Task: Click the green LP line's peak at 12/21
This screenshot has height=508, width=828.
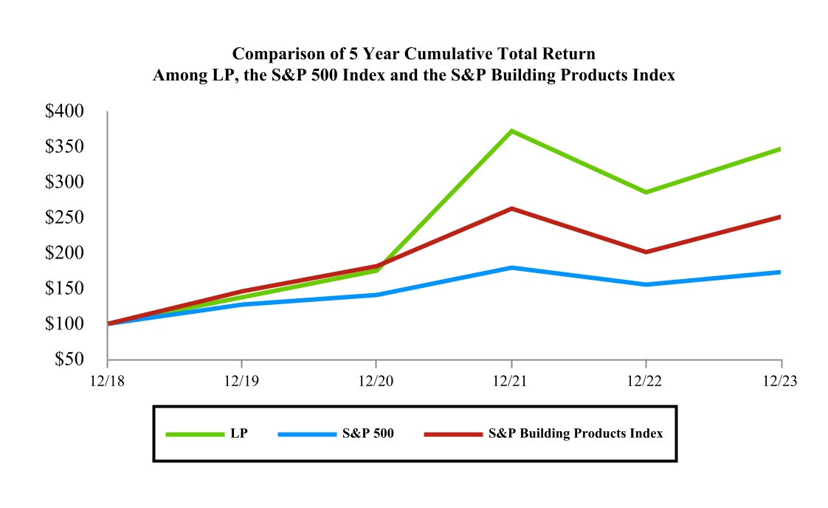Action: (x=511, y=131)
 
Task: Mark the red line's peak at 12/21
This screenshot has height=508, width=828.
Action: (x=511, y=209)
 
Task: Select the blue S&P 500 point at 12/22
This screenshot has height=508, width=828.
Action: (x=646, y=284)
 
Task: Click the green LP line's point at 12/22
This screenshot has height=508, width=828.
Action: (x=646, y=192)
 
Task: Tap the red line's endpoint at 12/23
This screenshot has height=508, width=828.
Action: (x=781, y=217)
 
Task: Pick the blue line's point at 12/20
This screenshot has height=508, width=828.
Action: (x=376, y=295)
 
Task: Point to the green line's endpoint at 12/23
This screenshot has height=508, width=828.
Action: (x=781, y=149)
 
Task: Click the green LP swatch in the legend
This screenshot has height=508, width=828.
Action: (x=195, y=434)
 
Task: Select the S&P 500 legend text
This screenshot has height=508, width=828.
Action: (x=368, y=433)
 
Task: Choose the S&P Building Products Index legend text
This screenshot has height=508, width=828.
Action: (x=576, y=433)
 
